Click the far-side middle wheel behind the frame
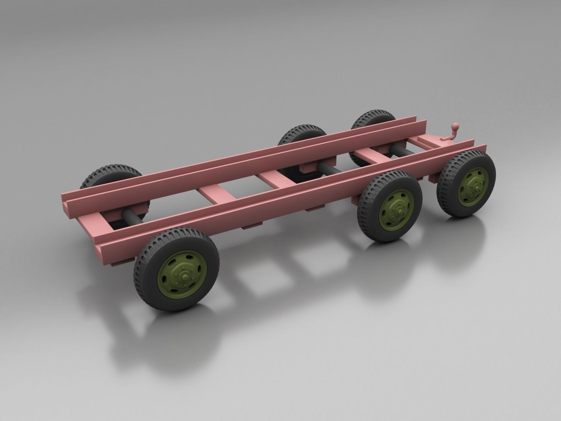coord(299,135)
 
